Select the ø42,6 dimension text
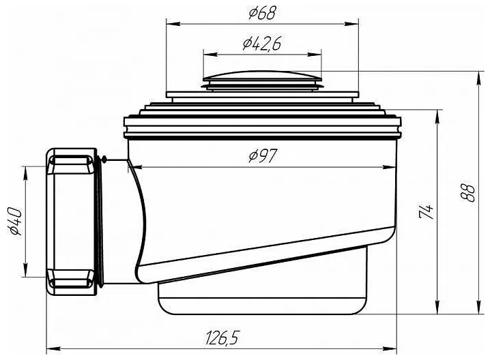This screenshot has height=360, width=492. click(x=261, y=44)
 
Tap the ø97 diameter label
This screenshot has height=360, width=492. click(x=263, y=156)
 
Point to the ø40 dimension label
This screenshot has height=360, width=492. click(x=16, y=222)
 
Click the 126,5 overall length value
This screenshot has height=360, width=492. click(x=222, y=337)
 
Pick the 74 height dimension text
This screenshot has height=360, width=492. click(x=426, y=212)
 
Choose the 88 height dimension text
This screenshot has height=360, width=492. click(x=468, y=192)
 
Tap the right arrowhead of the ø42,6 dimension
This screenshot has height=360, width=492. click(x=315, y=55)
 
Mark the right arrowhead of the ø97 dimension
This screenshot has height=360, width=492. click(x=389, y=167)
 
